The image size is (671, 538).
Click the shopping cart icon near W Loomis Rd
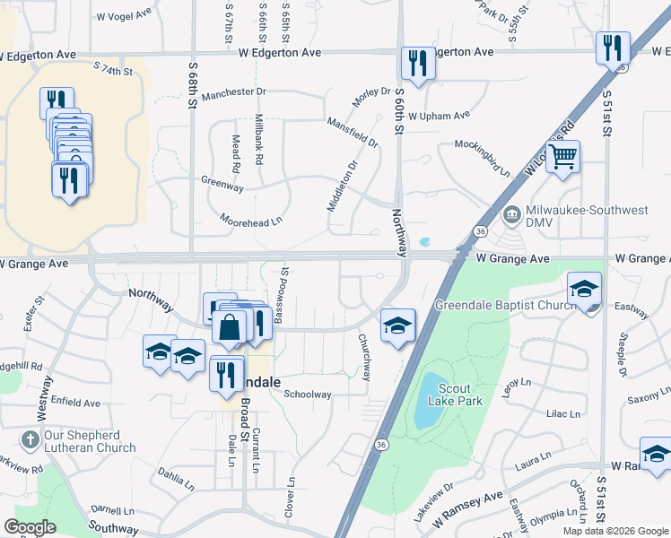(x=562, y=157)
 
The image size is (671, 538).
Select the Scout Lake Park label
(x=461, y=395)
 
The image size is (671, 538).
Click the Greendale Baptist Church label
(x=505, y=305)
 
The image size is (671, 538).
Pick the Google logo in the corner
(x=30, y=527)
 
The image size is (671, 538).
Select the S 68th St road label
(x=192, y=85)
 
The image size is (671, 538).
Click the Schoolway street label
(x=308, y=394)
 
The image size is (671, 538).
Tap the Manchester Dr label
(x=235, y=92)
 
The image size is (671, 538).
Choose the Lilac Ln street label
(x=562, y=415)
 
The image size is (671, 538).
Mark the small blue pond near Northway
(x=424, y=242)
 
